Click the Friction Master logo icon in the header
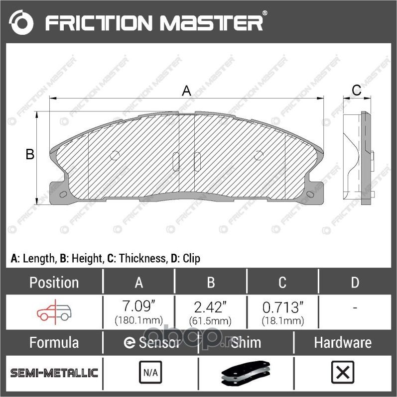pyautogui.click(x=22, y=22)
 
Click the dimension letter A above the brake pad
pyautogui.click(x=186, y=91)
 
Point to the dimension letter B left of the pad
pyautogui.click(x=30, y=155)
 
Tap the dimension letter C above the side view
pyautogui.click(x=356, y=90)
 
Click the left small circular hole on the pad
pyautogui.click(x=115, y=155)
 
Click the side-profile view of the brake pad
pyautogui.click(x=358, y=157)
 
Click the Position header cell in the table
pyautogui.click(x=54, y=283)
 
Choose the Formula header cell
pyautogui.click(x=54, y=343)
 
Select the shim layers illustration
pyautogui.click(x=245, y=374)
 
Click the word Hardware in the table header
pyautogui.click(x=342, y=343)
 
